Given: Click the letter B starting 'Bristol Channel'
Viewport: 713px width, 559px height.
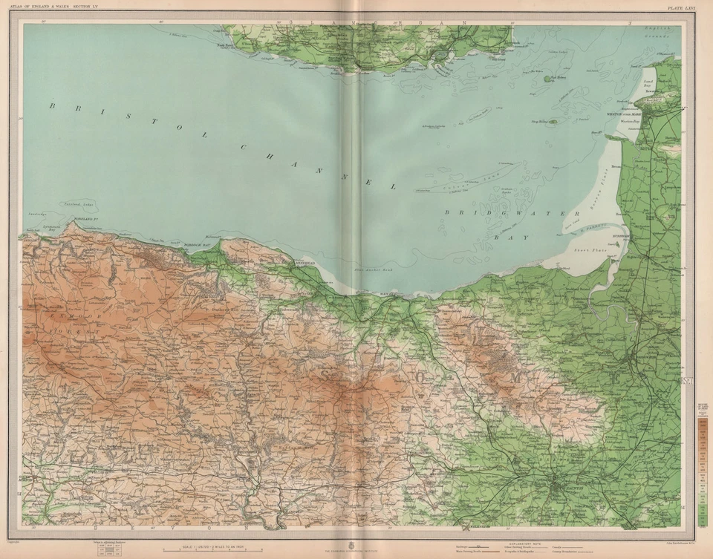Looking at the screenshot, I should click(53, 106).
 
